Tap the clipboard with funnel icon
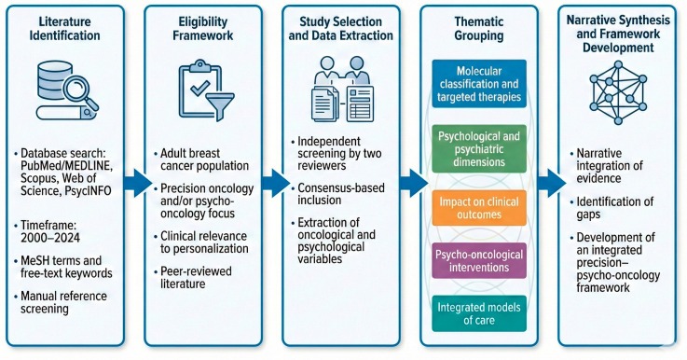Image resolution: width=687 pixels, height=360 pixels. (206, 90)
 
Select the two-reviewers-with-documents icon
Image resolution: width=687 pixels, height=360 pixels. (342, 89)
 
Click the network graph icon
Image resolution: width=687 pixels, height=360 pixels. (618, 92)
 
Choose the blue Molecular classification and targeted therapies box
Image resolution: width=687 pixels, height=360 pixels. (479, 84)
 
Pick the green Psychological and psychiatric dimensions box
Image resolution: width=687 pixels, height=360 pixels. (479, 149)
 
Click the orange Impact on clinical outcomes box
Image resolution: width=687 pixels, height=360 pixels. (479, 208)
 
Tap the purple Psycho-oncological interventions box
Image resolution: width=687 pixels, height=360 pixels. (479, 260)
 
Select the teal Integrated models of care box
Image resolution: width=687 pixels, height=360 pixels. (479, 313)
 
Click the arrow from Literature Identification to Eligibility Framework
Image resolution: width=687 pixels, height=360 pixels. (138, 183)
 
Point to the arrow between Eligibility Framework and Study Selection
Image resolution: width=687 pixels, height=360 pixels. (276, 183)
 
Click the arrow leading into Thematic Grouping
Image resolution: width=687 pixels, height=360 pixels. (414, 183)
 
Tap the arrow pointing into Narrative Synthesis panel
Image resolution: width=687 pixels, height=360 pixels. (552, 183)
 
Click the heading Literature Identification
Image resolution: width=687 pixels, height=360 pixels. (65, 29)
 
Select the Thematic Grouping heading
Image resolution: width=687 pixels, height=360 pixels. (479, 29)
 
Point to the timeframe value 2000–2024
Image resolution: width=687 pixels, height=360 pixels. (50, 238)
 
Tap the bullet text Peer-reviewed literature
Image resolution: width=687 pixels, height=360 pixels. (196, 277)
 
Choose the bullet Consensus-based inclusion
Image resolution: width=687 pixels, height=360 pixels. (341, 194)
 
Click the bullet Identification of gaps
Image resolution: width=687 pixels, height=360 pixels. (614, 208)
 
